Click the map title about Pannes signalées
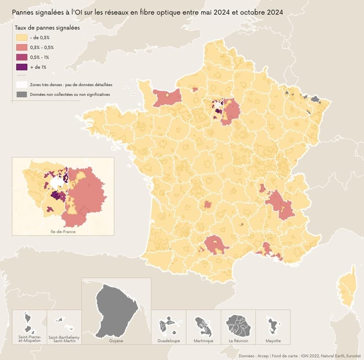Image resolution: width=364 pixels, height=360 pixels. click(x=147, y=11)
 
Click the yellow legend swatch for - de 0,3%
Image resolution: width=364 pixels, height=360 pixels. click(x=21, y=37)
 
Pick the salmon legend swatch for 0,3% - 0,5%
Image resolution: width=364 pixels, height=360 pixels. click(x=21, y=47)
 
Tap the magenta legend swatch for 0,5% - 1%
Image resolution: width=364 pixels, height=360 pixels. click(x=21, y=57)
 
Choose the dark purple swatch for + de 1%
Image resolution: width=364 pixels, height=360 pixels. click(x=21, y=67)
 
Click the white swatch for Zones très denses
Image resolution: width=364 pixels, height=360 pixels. click(x=21, y=85)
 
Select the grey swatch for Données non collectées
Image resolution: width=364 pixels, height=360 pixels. click(x=21, y=94)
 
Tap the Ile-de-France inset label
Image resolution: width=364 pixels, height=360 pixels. click(x=63, y=232)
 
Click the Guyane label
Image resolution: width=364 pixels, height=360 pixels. click(x=116, y=341)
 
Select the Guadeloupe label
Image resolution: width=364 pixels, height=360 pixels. click(x=168, y=341)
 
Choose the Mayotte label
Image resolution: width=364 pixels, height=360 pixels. click(x=273, y=341)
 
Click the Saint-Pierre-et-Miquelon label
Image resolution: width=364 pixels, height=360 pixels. click(x=29, y=339)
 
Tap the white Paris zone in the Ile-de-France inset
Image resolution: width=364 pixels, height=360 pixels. click(x=57, y=183)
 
